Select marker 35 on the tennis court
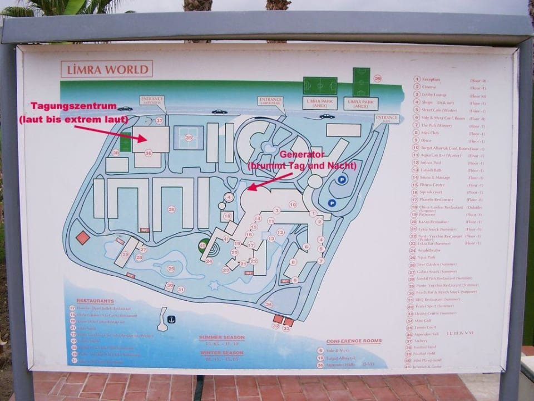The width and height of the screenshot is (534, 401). pos(189,138)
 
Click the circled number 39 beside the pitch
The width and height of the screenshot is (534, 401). pos(378,79)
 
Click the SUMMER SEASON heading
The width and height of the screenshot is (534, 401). pos(221,338)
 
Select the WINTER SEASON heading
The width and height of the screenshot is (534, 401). pos(221,353)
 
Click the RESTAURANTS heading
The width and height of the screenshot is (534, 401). pos(95,301)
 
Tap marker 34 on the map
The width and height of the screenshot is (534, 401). pos(269,304)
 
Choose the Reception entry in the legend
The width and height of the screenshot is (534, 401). pos(431,80)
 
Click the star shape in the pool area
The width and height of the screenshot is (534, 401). pos(214,285)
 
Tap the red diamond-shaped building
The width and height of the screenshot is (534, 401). pos(83,238)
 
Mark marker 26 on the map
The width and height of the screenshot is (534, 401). pos(172,209)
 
